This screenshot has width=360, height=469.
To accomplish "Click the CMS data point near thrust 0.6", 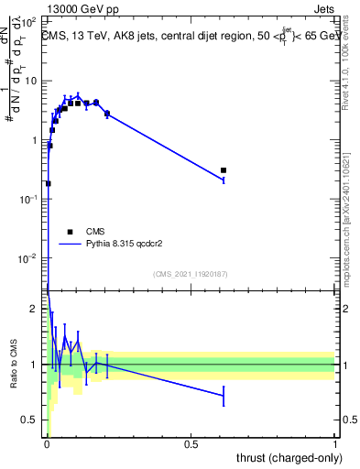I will point(224,170).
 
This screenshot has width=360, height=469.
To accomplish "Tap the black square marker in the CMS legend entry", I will point(70,232).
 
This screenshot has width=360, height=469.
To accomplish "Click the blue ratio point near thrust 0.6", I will point(224,396).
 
